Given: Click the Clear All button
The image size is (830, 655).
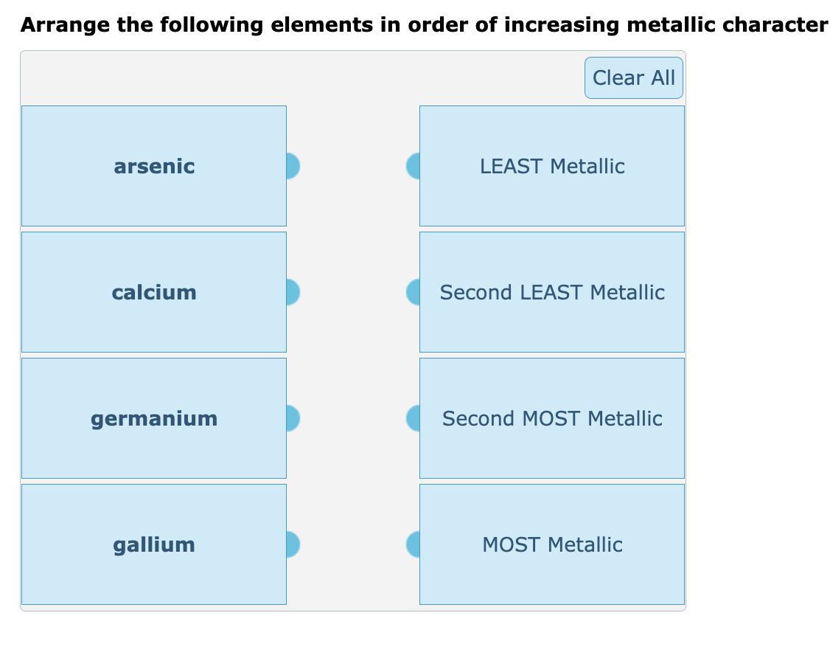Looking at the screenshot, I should click(633, 77).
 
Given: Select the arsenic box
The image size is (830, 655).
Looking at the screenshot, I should click(154, 166).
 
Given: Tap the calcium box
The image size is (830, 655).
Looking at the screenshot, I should click(154, 292).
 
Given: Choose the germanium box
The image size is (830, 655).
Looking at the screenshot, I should click(154, 418).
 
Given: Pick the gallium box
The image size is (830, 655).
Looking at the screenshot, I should click(154, 544).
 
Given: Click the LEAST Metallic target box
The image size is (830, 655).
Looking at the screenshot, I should click(552, 166).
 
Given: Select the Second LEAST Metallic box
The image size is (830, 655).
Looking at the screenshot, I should click(552, 292).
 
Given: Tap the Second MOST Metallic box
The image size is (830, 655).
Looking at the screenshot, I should click(552, 418).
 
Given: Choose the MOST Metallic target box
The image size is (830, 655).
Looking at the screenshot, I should click(552, 544).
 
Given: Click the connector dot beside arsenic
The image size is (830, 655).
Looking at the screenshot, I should click(292, 166).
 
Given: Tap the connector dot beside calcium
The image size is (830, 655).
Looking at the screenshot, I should click(292, 292).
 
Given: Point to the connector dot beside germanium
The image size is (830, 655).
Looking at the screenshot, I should click(292, 418).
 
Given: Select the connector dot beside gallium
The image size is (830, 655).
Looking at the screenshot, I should click(292, 544).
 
